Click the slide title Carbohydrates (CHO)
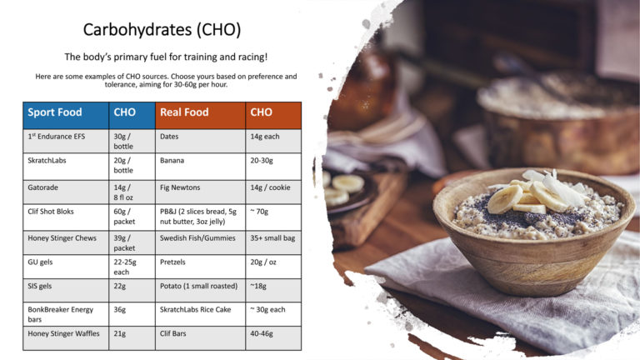coord(162,30)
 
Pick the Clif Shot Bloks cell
coord(51,211)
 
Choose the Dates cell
coord(170,135)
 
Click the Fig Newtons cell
coord(179,187)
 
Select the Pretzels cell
coord(173,262)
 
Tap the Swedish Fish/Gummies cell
coord(195,237)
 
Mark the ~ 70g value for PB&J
coord(259,212)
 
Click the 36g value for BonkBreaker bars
coord(120,308)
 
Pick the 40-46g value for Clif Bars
coord(262,333)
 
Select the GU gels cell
coord(41,262)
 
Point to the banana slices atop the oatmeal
coord(517,197)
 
